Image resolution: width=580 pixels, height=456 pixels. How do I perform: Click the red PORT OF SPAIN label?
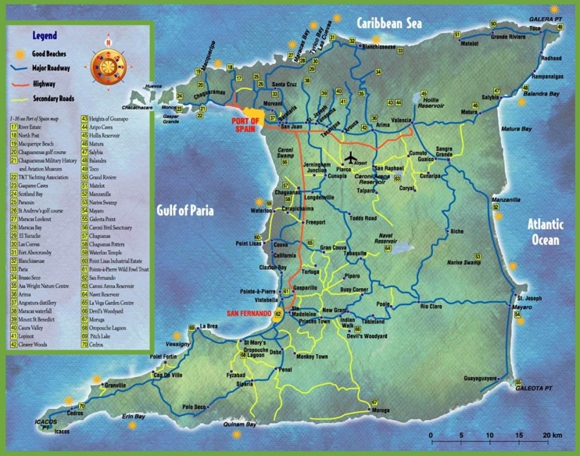pos(249,124)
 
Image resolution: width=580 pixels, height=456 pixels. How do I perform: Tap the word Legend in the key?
pos(44,36)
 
